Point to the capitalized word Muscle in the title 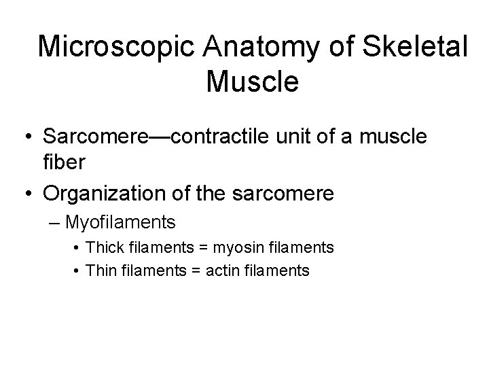click(252, 83)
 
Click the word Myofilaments click(127, 222)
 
